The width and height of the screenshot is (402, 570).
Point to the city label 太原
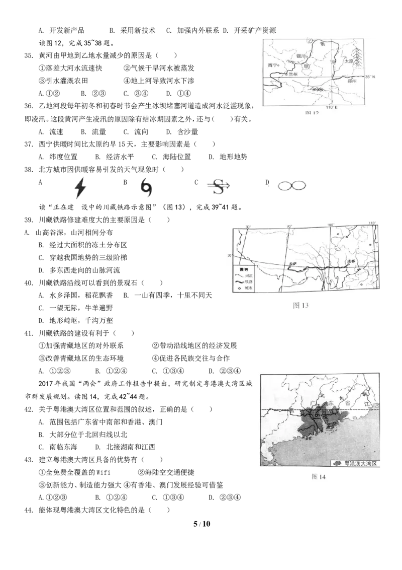(x=349, y=61)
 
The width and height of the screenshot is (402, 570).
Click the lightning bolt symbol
(x=79, y=187)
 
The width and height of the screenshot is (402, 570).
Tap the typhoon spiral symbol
(x=146, y=187)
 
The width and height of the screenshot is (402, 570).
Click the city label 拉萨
(x=293, y=263)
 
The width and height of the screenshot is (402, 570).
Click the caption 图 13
(x=303, y=305)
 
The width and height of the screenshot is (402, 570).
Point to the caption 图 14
(x=319, y=476)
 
